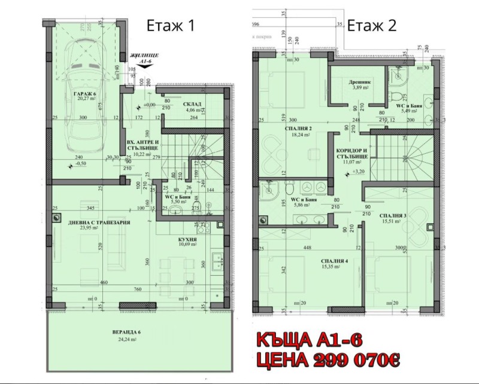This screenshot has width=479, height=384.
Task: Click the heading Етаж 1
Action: click(x=171, y=26)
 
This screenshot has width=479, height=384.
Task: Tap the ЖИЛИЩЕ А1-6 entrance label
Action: click(x=143, y=58)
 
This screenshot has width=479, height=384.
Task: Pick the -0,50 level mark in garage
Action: click(x=81, y=163)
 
